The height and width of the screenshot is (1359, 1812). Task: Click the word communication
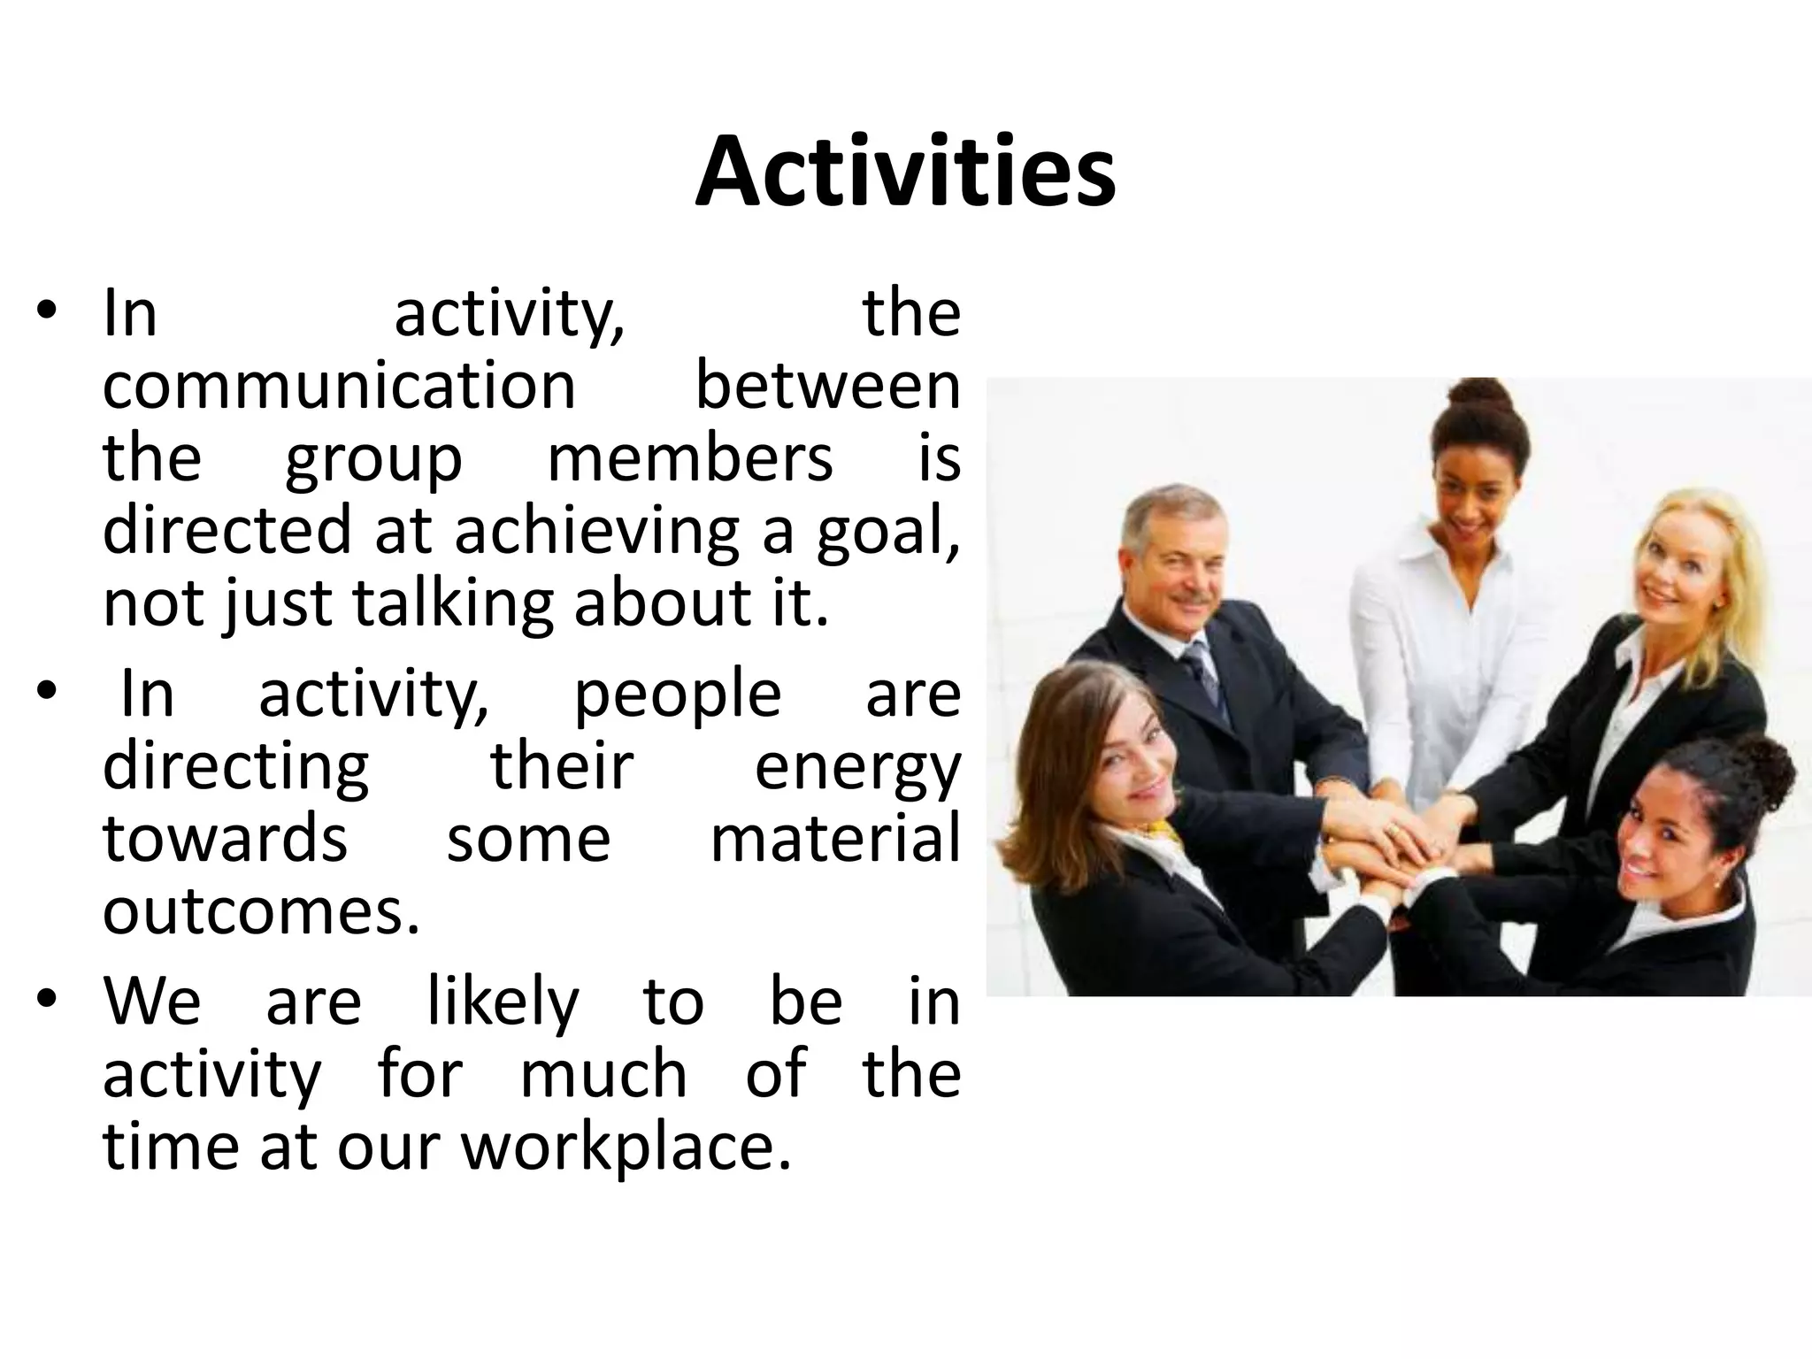click(339, 387)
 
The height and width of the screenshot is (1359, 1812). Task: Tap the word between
click(827, 387)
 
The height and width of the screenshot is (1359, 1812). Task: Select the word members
click(690, 458)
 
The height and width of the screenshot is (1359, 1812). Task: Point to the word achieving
click(596, 531)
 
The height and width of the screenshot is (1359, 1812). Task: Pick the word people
click(678, 695)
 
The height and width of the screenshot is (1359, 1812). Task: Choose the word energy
click(856, 768)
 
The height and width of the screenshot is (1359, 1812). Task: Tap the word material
click(834, 840)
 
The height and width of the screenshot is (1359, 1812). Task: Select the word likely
click(503, 1002)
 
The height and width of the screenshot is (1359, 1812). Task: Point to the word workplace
click(626, 1148)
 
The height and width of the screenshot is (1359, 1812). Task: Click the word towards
click(225, 840)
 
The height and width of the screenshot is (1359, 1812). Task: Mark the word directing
click(236, 768)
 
